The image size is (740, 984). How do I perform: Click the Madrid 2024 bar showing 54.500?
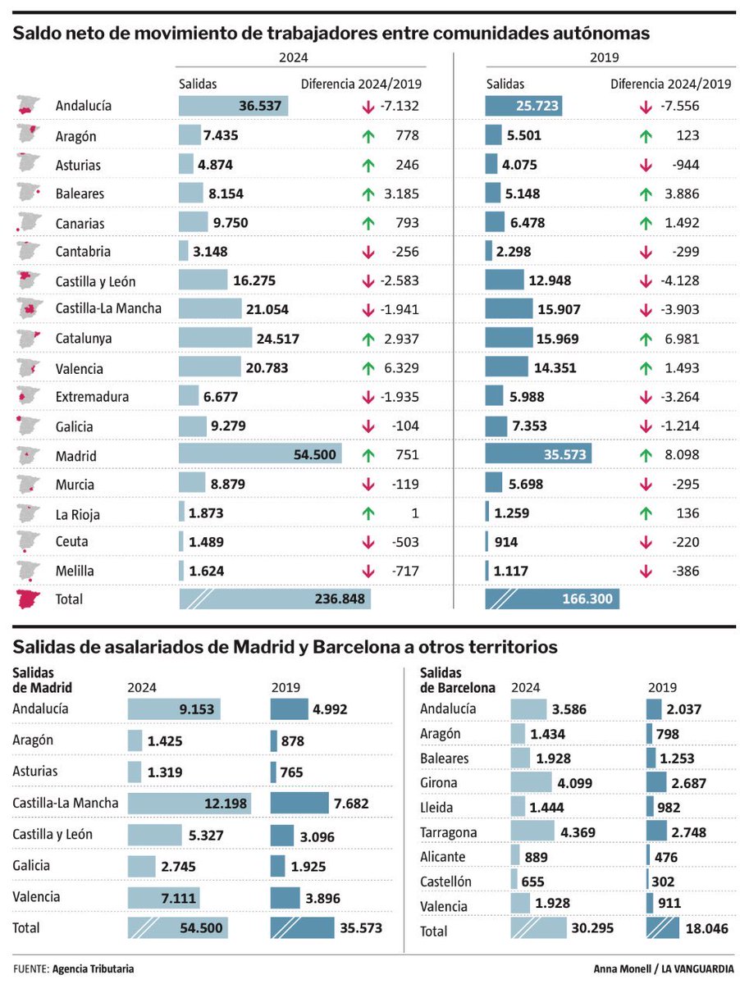coord(260,455)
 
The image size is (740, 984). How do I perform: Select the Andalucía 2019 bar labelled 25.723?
coord(523,106)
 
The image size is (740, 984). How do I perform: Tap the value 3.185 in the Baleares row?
coord(400,194)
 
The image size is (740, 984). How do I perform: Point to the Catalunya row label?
coord(84,338)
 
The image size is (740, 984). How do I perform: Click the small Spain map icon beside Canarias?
coord(29,222)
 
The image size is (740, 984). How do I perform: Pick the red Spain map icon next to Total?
coord(29,599)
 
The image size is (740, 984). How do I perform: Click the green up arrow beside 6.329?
coord(368,368)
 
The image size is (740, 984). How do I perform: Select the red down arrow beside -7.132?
coord(368,107)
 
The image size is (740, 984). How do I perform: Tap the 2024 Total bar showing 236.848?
coord(275,599)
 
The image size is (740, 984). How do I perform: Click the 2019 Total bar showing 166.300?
coord(552,599)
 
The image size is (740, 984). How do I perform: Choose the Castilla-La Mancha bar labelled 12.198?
coord(189,803)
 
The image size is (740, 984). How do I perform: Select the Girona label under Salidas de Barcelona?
coord(438,782)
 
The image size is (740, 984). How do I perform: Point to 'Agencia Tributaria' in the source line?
coord(93,968)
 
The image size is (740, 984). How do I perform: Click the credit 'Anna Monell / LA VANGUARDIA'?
coord(663,968)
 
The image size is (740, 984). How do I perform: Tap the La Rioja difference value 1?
coord(414,513)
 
